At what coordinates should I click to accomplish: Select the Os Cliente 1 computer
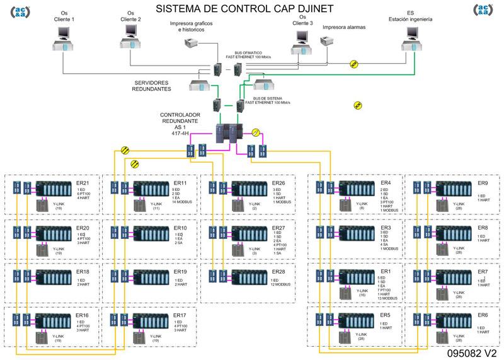tap(64, 40)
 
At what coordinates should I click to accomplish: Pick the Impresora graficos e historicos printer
tap(192, 44)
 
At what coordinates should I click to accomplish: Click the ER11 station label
tap(181, 183)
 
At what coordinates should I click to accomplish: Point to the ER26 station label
tap(279, 183)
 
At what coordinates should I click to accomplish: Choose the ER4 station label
tap(386, 183)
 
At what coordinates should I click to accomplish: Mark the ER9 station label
tap(483, 183)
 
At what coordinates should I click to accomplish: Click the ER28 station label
tap(278, 272)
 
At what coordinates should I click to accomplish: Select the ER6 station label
tap(483, 315)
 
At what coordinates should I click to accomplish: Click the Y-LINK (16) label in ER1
tap(362, 293)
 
